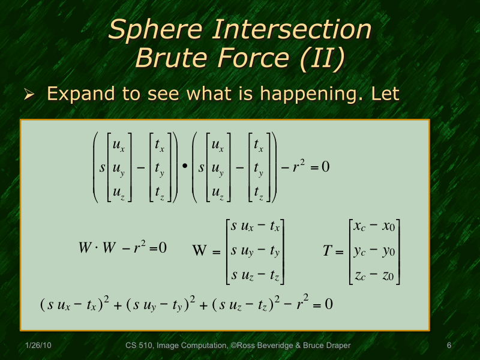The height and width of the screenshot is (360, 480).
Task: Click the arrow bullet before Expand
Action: point(29,95)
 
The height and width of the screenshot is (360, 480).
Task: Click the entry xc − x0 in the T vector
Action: point(374,227)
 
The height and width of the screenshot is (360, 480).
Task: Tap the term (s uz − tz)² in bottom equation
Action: point(246,304)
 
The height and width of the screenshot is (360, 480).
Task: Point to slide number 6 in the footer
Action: point(449,346)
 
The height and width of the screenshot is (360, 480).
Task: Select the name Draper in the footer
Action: point(338,346)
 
